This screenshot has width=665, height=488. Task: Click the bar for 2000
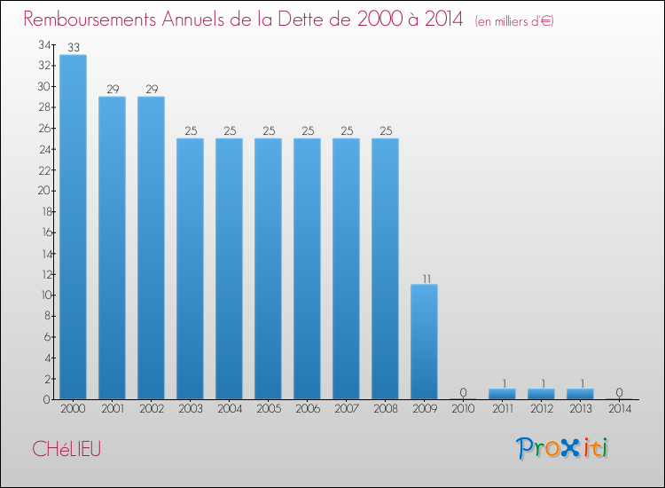(x=73, y=226)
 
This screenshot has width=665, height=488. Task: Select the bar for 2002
(x=151, y=248)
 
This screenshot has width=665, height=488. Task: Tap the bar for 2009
(x=424, y=342)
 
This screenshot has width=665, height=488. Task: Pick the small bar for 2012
(x=541, y=394)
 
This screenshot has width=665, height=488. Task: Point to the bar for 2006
(x=307, y=268)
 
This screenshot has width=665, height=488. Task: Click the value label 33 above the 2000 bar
(x=73, y=48)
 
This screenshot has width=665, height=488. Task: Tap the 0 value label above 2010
(x=463, y=392)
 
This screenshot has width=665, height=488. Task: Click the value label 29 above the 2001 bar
(x=112, y=90)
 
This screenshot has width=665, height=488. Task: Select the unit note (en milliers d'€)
(x=514, y=20)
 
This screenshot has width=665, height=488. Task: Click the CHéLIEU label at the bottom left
(x=66, y=449)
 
